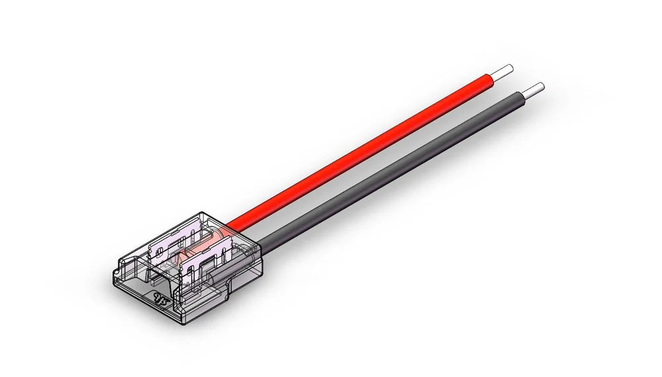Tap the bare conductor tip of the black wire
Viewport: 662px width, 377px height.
537,88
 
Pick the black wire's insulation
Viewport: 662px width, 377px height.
397,172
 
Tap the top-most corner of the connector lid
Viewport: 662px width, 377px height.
199,211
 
